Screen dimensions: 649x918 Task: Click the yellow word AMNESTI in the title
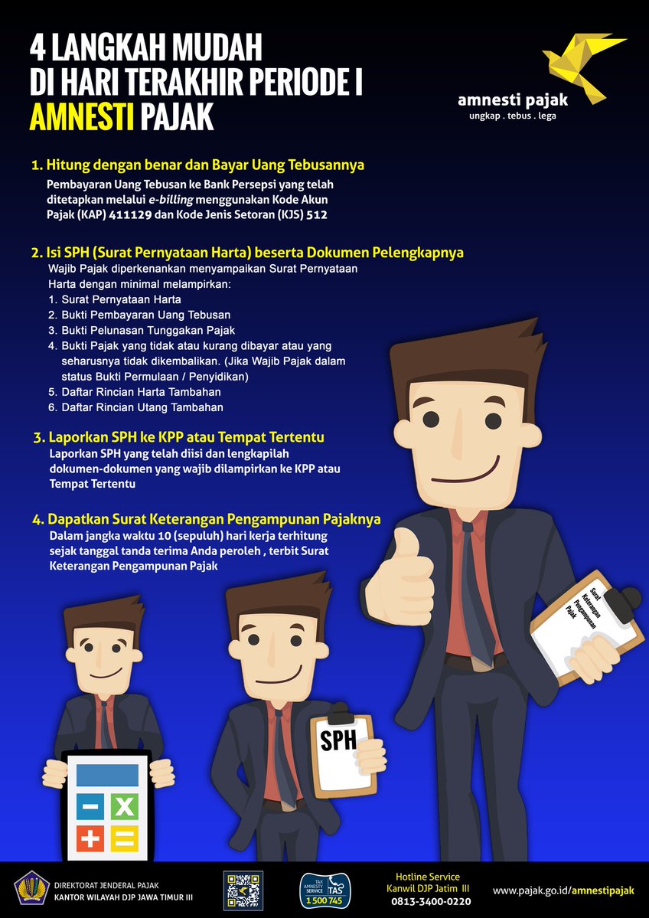pyautogui.click(x=81, y=118)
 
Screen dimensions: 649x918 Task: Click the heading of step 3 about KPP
pyautogui.click(x=186, y=437)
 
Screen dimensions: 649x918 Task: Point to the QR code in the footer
pyautogui.click(x=243, y=890)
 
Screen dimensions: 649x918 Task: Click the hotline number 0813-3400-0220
pyautogui.click(x=431, y=902)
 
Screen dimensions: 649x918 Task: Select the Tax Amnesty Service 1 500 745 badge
pyautogui.click(x=325, y=890)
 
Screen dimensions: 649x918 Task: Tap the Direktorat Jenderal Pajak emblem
pyautogui.click(x=31, y=890)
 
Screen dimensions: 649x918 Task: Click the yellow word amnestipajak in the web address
pyautogui.click(x=603, y=890)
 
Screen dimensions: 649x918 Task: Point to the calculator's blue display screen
pyautogui.click(x=107, y=775)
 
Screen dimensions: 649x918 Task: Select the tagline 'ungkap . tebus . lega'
pyautogui.click(x=513, y=116)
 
